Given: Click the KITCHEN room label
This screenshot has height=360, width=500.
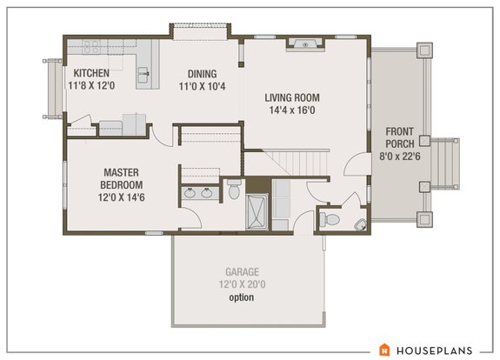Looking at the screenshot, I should point(91,73).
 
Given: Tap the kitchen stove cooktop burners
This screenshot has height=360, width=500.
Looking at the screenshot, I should point(93,46).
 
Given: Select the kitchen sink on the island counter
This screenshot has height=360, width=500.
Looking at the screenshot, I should point(147,73).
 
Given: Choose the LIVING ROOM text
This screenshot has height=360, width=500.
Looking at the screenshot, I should point(293,97).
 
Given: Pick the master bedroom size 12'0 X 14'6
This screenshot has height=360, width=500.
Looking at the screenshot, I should point(116,198).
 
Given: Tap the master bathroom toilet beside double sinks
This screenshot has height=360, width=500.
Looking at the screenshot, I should point(233,188).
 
